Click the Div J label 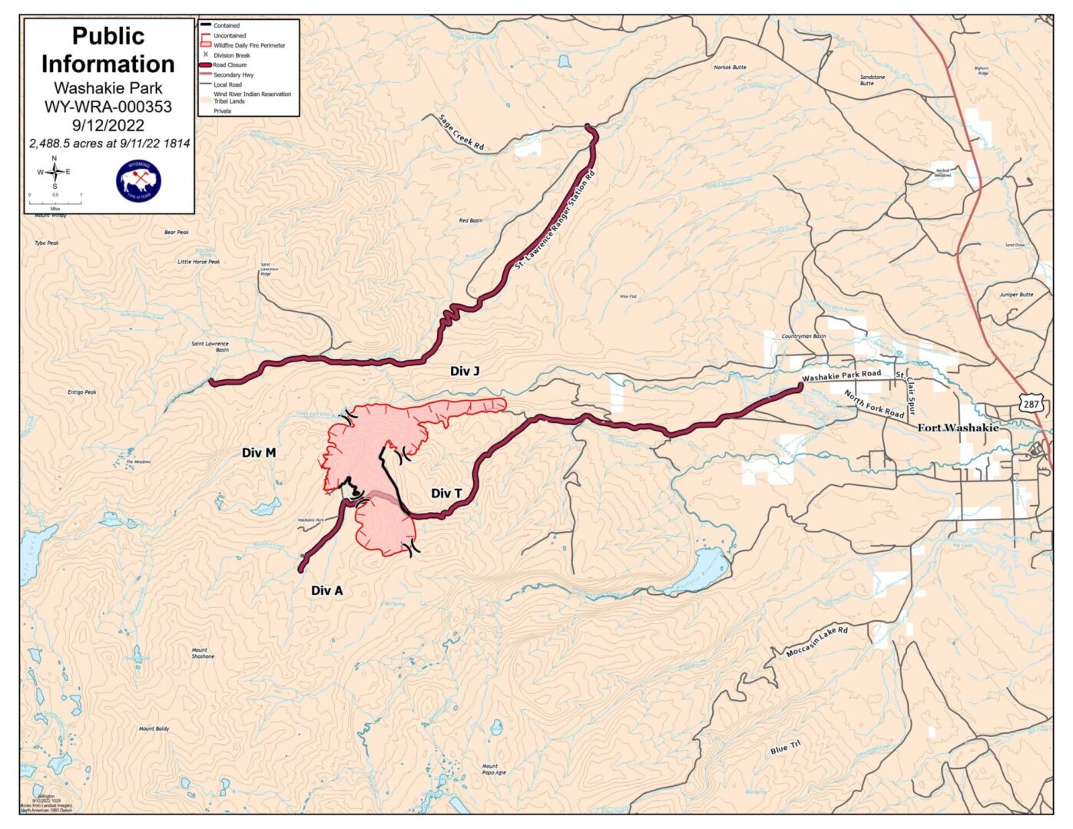pyautogui.click(x=464, y=372)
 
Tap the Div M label pyautogui.click(x=258, y=453)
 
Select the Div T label pyautogui.click(x=446, y=494)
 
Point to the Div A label pyautogui.click(x=326, y=590)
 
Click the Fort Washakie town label pyautogui.click(x=958, y=428)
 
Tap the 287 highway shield pyautogui.click(x=1030, y=404)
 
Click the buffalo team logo pyautogui.click(x=138, y=181)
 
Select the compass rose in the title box pyautogui.click(x=54, y=172)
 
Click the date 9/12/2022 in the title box pyautogui.click(x=108, y=125)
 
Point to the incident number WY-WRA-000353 pyautogui.click(x=108, y=107)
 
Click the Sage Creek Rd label pyautogui.click(x=462, y=132)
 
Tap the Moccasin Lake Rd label pyautogui.click(x=816, y=642)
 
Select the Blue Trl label pyautogui.click(x=785, y=747)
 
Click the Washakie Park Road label pyautogui.click(x=841, y=375)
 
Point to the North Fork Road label pyautogui.click(x=874, y=404)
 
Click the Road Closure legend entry pyautogui.click(x=230, y=65)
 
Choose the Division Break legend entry pyautogui.click(x=231, y=55)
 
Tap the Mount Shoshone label pyautogui.click(x=203, y=653)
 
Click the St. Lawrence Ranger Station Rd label pyautogui.click(x=555, y=220)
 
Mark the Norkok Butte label pyautogui.click(x=729, y=68)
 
